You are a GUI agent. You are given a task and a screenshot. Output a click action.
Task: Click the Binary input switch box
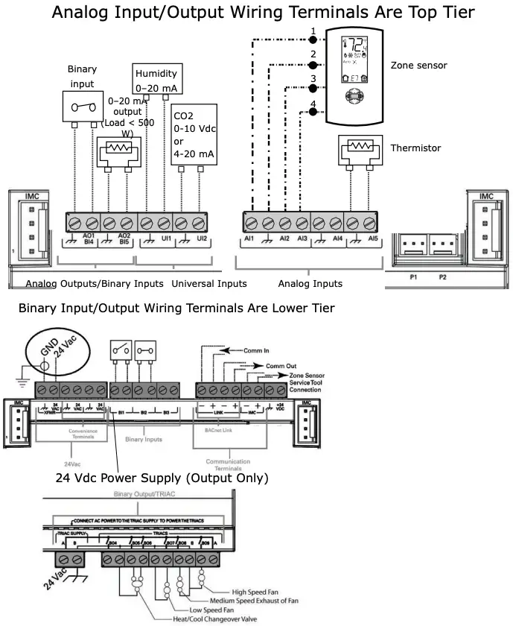click(x=83, y=107)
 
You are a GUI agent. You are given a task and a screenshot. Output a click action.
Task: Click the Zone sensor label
click(x=419, y=66)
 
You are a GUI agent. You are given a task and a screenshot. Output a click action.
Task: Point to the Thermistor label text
click(x=416, y=148)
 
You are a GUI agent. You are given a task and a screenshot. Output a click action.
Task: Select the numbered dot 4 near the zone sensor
click(x=313, y=112)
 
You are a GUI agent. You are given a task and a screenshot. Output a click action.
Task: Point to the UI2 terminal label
click(x=201, y=238)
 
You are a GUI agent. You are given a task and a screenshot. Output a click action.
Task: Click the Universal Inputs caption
click(x=209, y=284)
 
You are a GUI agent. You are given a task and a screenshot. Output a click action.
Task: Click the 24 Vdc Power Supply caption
click(x=162, y=477)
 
